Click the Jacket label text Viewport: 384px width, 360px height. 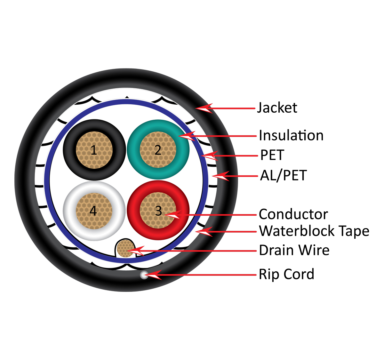click(x=277, y=108)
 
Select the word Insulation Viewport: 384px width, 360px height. click(x=291, y=135)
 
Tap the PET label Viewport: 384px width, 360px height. click(x=272, y=155)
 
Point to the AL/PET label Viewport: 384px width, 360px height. click(x=283, y=175)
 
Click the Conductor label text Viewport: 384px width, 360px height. click(x=293, y=214)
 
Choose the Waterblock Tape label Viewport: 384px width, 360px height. click(x=314, y=231)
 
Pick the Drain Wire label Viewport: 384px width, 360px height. click(x=294, y=250)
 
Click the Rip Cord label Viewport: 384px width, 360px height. click(x=286, y=274)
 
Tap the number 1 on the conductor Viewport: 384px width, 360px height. click(x=94, y=150)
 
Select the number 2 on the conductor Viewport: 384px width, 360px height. click(x=158, y=150)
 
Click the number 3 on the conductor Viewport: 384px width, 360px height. click(x=158, y=211)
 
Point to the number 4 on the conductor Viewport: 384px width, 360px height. click(x=93, y=211)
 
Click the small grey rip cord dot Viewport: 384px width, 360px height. click(x=144, y=275)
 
